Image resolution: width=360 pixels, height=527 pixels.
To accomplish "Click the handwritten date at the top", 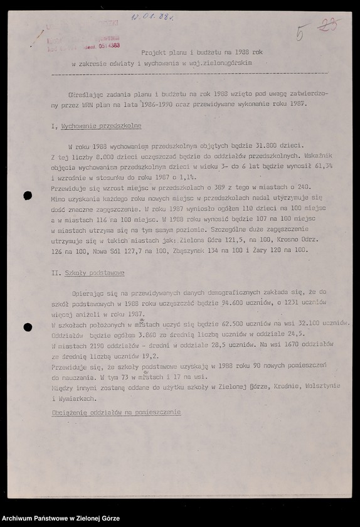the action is (x=152, y=16).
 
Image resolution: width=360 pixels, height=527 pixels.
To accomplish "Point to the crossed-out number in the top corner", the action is (x=329, y=25).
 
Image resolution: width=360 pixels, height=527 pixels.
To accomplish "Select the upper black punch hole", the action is (x=28, y=196).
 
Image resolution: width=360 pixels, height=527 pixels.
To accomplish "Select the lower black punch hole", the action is (x=28, y=327).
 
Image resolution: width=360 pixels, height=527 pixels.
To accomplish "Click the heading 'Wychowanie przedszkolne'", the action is (x=92, y=127).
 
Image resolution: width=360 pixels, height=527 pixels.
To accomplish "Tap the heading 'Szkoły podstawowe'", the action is (x=94, y=274).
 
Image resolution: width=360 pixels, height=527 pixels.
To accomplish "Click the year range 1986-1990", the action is (x=160, y=104).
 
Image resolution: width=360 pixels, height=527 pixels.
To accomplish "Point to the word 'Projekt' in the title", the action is (x=153, y=53).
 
